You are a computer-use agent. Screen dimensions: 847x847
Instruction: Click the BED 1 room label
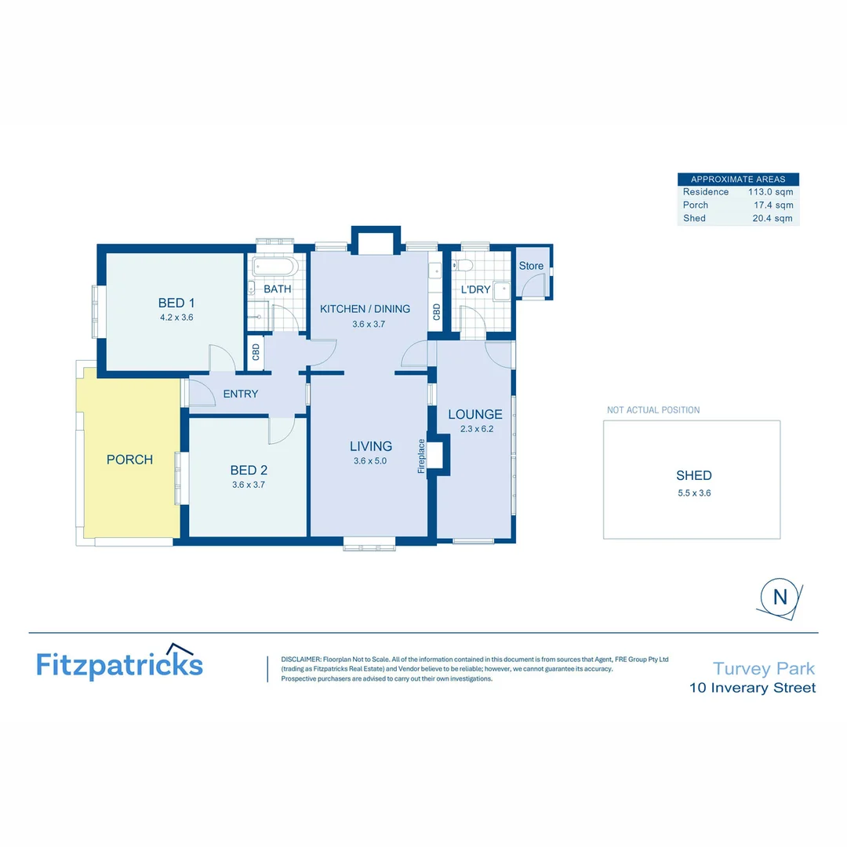[176, 303]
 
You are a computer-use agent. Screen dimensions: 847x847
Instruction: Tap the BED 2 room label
[249, 471]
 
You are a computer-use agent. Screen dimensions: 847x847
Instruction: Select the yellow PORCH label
[129, 460]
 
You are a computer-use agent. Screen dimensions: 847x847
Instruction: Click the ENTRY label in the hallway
[240, 394]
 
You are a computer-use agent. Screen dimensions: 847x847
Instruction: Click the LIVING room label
[371, 446]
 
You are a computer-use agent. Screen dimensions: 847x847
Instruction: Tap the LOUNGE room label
[474, 414]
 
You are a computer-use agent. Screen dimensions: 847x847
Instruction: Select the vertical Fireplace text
[422, 456]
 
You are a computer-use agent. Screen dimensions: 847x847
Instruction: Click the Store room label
[531, 266]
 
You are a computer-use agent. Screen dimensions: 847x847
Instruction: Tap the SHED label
[693, 475]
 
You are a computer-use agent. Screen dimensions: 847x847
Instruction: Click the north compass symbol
[780, 596]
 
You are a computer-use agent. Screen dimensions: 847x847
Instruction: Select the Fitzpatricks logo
[119, 663]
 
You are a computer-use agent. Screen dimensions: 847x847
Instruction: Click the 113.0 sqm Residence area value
[770, 192]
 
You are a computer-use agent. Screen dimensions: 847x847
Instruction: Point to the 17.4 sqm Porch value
[773, 205]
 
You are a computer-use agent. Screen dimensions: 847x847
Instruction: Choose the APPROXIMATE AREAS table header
[737, 180]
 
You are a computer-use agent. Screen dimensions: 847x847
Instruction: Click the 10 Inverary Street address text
[752, 689]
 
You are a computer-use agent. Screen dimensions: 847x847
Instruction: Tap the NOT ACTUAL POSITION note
[653, 410]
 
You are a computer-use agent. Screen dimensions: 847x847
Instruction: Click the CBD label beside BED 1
[256, 351]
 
